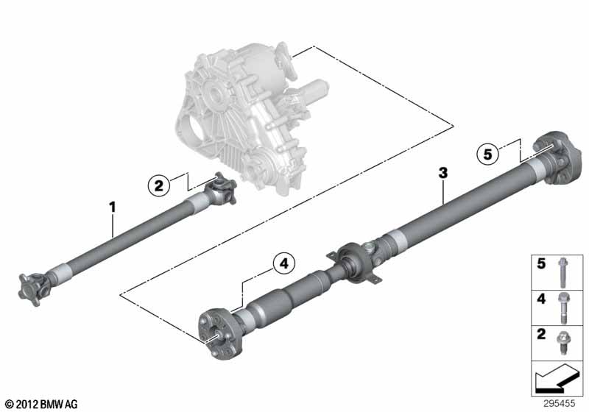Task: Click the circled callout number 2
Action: pyautogui.click(x=158, y=185)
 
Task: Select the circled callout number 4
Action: pyautogui.click(x=283, y=263)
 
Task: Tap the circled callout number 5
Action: pyautogui.click(x=486, y=154)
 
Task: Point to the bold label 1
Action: pyautogui.click(x=113, y=207)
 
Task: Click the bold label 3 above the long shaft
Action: pyautogui.click(x=442, y=173)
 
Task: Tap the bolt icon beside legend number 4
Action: pyautogui.click(x=562, y=306)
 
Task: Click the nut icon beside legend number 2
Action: pyautogui.click(x=562, y=341)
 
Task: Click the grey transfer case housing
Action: pyautogui.click(x=236, y=110)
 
